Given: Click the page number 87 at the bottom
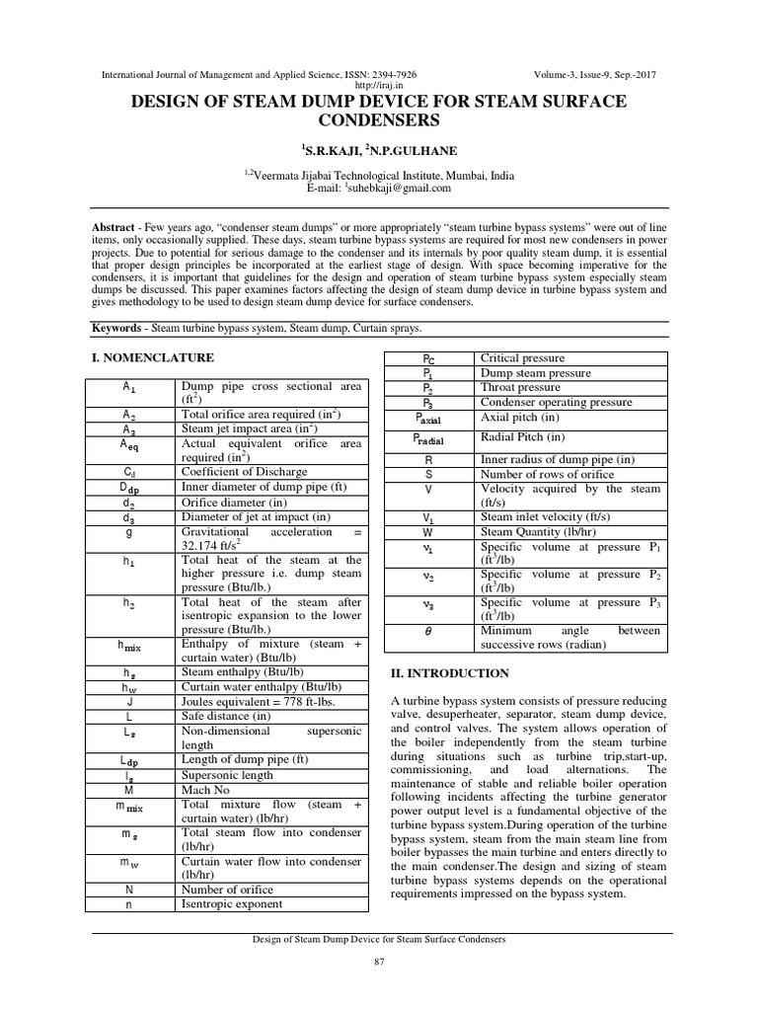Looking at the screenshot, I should point(378,962).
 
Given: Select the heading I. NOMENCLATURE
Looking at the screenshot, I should point(152,356).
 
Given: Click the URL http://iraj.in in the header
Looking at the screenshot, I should point(379,86).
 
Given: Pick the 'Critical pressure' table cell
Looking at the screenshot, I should point(524,357).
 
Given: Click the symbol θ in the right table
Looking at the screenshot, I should point(427,630).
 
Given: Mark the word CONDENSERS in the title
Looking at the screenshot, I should point(379,120).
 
